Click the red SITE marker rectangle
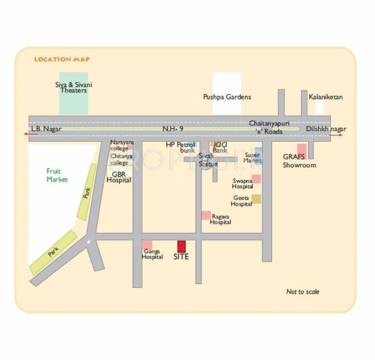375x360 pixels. click(x=182, y=246)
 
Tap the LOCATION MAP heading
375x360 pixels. click(x=62, y=59)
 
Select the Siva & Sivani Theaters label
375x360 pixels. click(x=74, y=88)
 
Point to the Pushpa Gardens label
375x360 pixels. click(x=227, y=97)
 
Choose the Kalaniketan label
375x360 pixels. click(x=326, y=97)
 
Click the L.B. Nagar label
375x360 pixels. click(x=46, y=128)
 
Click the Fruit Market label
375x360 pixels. click(x=57, y=175)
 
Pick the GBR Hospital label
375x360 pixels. click(x=119, y=177)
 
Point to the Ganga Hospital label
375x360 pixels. click(x=152, y=254)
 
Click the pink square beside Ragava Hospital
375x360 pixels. click(x=206, y=215)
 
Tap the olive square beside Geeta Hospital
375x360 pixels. click(x=256, y=199)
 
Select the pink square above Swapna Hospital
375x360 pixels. click(x=256, y=179)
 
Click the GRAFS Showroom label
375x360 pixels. click(x=300, y=161)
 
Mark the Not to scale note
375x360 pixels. click(x=302, y=291)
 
